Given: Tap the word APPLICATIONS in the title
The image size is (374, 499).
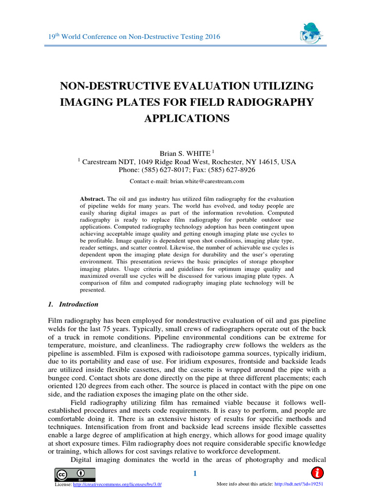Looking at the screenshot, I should coord(187,118).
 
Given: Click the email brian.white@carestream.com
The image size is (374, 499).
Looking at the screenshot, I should coord(206,181).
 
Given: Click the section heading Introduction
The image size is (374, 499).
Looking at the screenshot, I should coord(78,304).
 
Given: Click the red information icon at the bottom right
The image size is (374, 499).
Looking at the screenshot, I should coord(317,473).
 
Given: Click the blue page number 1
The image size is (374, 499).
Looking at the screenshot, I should coord(195,474).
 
